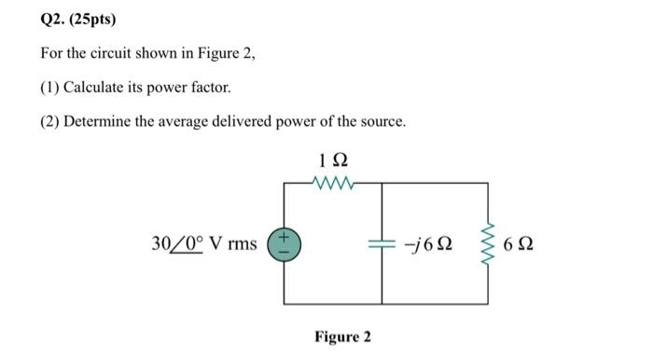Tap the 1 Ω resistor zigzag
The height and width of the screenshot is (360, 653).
coord(333,183)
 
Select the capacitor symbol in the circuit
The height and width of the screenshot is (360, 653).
coord(382,244)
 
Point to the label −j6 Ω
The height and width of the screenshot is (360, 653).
coord(430,244)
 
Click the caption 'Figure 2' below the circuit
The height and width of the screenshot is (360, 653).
coord(342,336)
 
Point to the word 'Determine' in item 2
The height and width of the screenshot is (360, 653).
coord(97,122)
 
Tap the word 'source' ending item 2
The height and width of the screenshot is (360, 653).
coord(382,122)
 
